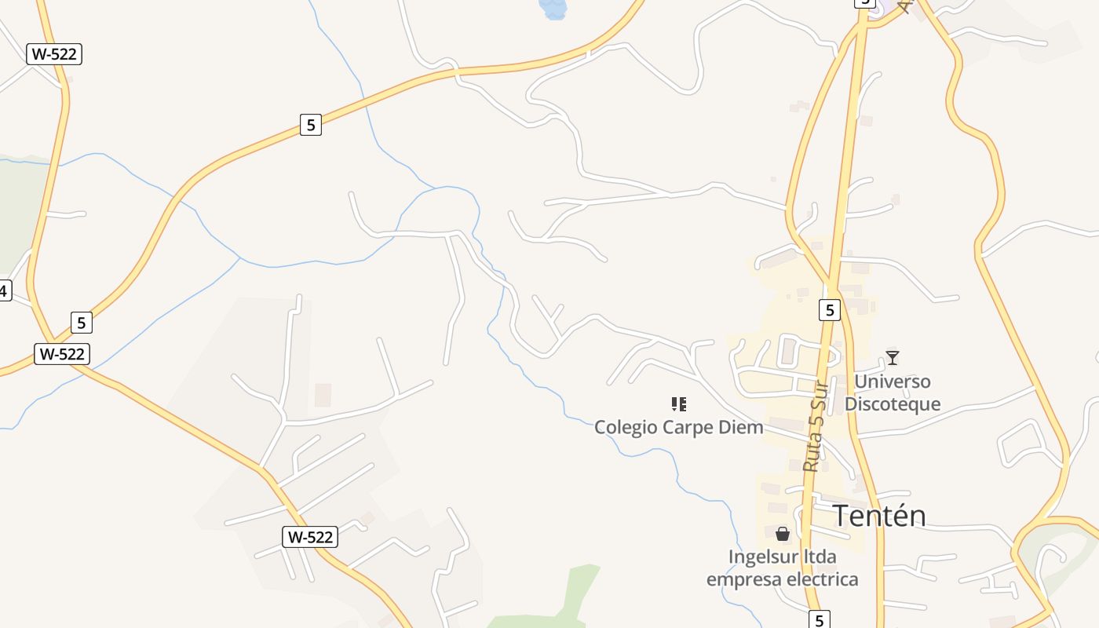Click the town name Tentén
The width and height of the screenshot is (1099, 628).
pos(878,516)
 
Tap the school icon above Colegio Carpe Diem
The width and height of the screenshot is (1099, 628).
pos(679,404)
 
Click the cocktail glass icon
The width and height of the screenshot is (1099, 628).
pos(892,358)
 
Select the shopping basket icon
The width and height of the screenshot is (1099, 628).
pos(782,535)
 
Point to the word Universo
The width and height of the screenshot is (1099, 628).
pos(892,382)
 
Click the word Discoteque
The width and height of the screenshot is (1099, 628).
pos(892,405)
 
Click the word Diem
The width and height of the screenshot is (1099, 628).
pos(743,428)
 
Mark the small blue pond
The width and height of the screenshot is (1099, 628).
pos(553,9)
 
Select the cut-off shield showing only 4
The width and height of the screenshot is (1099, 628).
pos(4,290)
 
